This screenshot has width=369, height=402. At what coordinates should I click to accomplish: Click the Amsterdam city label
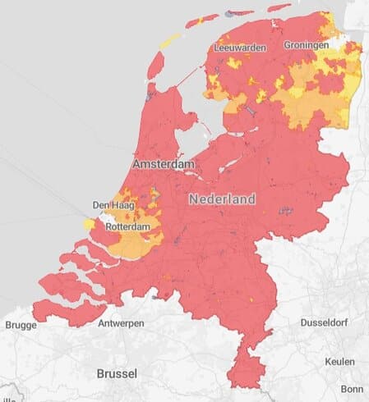pos(164,165)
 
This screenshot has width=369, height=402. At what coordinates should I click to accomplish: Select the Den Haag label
pos(111,205)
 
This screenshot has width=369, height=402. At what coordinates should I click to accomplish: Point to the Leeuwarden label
pos(239,48)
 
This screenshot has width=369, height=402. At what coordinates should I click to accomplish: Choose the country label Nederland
pos(222,199)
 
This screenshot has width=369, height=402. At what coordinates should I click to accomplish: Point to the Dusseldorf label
pos(328,322)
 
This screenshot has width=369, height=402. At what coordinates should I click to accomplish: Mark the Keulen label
pos(339,362)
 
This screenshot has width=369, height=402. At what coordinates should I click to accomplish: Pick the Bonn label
pos(352,389)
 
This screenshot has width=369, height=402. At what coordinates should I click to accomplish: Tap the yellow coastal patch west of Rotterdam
pos(89,223)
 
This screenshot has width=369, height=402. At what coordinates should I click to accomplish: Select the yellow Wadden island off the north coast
pos(169,39)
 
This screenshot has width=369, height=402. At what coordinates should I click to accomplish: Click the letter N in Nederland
pos(193,199)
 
